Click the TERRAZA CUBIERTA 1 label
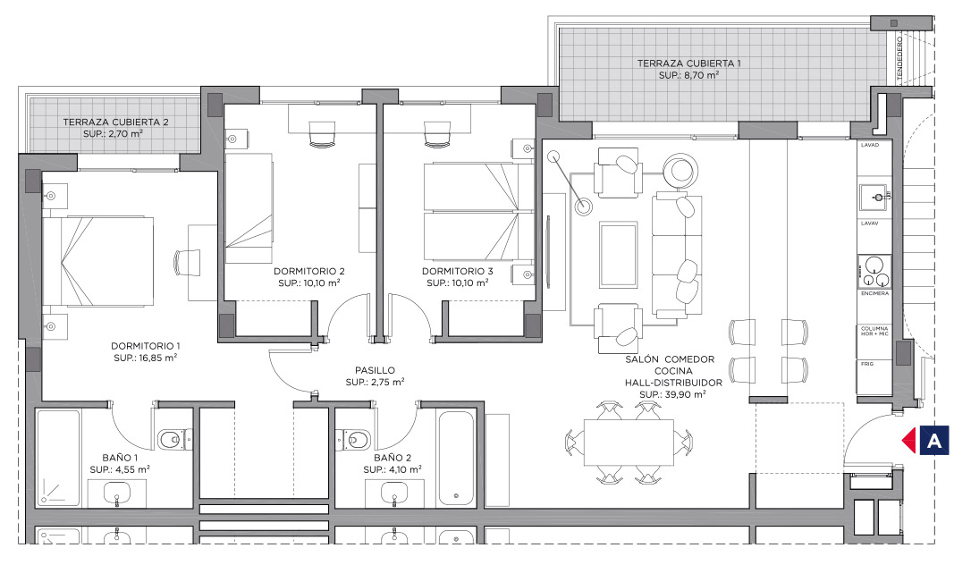pyautogui.click(x=688, y=63)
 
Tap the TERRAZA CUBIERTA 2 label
pyautogui.click(x=115, y=122)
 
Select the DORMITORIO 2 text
pyautogui.click(x=309, y=271)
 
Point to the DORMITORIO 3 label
pyautogui.click(x=458, y=271)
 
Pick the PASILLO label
pyautogui.click(x=375, y=370)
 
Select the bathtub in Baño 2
pyautogui.click(x=456, y=460)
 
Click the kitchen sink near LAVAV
pyautogui.click(x=875, y=198)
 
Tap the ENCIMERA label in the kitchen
pyautogui.click(x=875, y=294)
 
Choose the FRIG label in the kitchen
pyautogui.click(x=867, y=364)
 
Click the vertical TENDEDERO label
pyautogui.click(x=899, y=58)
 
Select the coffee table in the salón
pyautogui.click(x=619, y=255)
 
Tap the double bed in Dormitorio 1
pyautogui.click(x=97, y=261)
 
